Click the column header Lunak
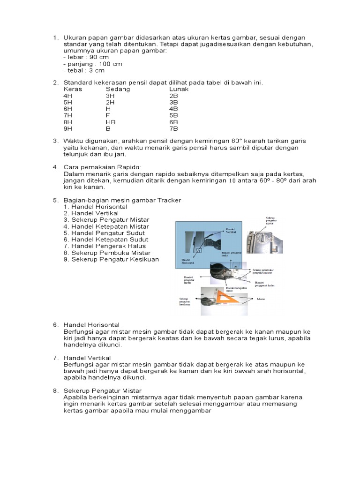click(179, 89)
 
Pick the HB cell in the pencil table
click(111, 122)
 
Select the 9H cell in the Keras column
click(68, 128)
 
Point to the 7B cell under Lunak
click(173, 128)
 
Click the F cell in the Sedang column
click(108, 115)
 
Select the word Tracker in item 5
click(168, 200)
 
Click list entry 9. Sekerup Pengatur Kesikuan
click(112, 259)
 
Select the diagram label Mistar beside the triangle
click(262, 298)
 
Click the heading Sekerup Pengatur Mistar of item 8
click(103, 390)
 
